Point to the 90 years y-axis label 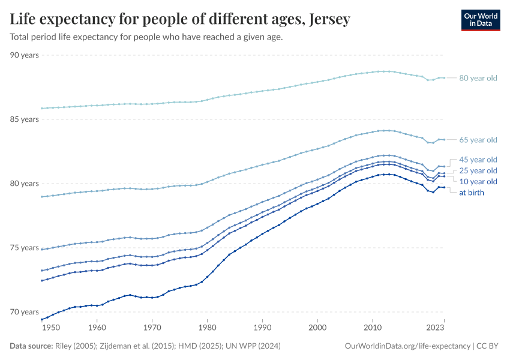tap(25, 55)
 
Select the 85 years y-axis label tap(25, 119)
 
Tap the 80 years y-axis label tap(25, 184)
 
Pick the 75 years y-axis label tap(25, 248)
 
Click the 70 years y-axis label tap(25, 312)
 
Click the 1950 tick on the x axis tap(51, 328)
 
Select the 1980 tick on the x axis tap(207, 328)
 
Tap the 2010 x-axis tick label tap(373, 328)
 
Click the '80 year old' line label tap(478, 78)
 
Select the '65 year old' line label tap(478, 140)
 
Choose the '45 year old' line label tap(478, 160)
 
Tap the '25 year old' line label tap(478, 170)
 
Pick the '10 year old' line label tap(478, 181)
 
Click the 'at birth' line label tap(472, 193)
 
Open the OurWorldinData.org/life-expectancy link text tap(408, 346)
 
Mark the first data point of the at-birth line tap(41, 319)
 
